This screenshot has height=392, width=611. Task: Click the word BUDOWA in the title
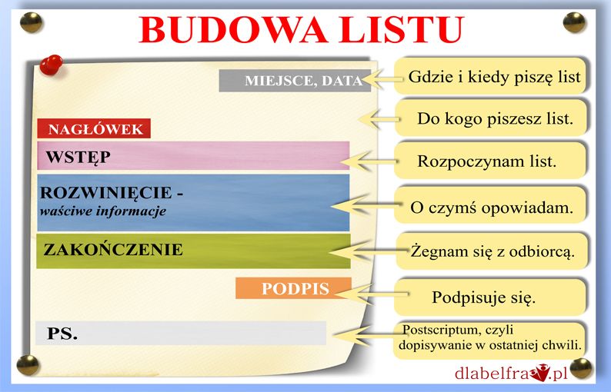pyautogui.click(x=233, y=29)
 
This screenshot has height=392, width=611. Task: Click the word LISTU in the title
pyautogui.click(x=402, y=29)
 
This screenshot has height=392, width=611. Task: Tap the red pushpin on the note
pyautogui.click(x=51, y=65)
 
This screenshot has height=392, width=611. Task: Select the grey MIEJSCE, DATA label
pyautogui.click(x=295, y=81)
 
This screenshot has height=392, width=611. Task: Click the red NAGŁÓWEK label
pyautogui.click(x=94, y=128)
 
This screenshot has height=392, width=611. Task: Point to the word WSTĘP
pyautogui.click(x=78, y=157)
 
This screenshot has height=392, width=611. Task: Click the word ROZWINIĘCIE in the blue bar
pyautogui.click(x=106, y=193)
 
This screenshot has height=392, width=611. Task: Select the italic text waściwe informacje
pyautogui.click(x=103, y=211)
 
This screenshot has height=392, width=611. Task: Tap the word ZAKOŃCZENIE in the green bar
pyautogui.click(x=113, y=250)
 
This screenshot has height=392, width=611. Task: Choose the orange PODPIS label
pyautogui.click(x=293, y=288)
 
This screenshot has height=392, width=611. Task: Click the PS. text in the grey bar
pyautogui.click(x=62, y=334)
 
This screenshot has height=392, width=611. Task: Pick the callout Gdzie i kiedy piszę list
pyautogui.click(x=491, y=76)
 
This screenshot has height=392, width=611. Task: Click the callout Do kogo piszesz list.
pyautogui.click(x=491, y=118)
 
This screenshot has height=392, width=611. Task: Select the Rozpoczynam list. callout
pyautogui.click(x=490, y=161)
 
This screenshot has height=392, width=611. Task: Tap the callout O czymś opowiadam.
pyautogui.click(x=491, y=207)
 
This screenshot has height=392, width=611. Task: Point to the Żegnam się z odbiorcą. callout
pyautogui.click(x=492, y=251)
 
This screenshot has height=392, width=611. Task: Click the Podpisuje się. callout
pyautogui.click(x=490, y=297)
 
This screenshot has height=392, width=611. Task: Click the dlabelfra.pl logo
pyautogui.click(x=511, y=373)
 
